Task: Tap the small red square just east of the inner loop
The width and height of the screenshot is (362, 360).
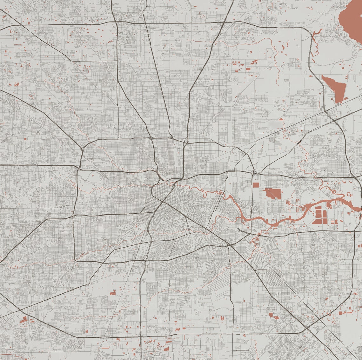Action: tap(256, 185)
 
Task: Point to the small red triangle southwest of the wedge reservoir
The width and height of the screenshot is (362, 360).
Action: tap(281, 119)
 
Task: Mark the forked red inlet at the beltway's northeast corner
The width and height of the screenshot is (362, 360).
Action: tap(314, 35)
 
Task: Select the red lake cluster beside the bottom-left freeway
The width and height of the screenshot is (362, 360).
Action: tap(24, 320)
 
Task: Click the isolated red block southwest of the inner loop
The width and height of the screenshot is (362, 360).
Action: tap(113, 292)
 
